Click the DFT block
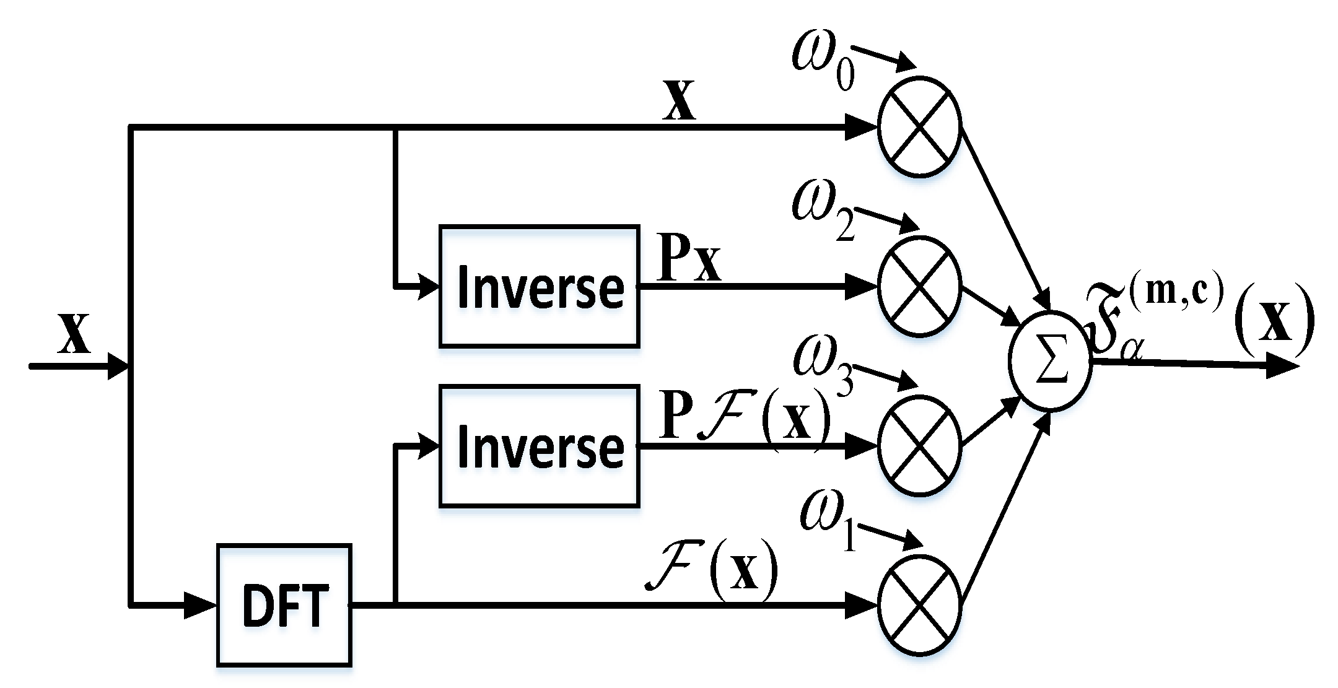point(284,604)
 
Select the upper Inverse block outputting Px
point(539,287)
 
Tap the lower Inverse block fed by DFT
point(539,446)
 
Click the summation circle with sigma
point(1050,360)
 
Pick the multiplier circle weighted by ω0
point(919,127)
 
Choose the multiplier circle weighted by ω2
point(919,287)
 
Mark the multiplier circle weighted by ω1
point(919,604)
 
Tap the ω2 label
point(822,217)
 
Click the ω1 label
point(827,526)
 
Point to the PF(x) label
point(743,416)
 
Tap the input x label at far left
point(74,334)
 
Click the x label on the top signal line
point(679,101)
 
